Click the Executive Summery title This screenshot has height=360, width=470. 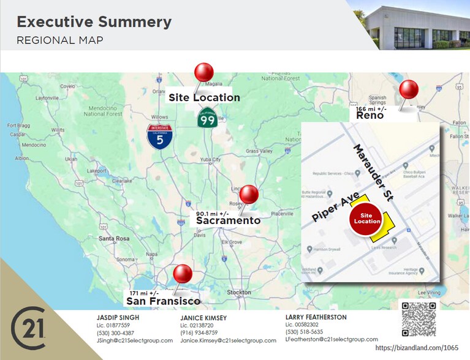tap(94, 22)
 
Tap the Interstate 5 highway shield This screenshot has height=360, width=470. tap(159, 137)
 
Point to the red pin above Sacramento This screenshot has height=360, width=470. tap(249, 195)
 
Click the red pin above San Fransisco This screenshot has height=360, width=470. tap(183, 274)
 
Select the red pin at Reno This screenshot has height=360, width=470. tap(408, 91)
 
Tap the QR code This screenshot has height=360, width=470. tap(419, 319)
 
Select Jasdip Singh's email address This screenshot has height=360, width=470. tap(134, 340)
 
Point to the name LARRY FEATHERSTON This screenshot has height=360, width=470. tap(316, 317)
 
